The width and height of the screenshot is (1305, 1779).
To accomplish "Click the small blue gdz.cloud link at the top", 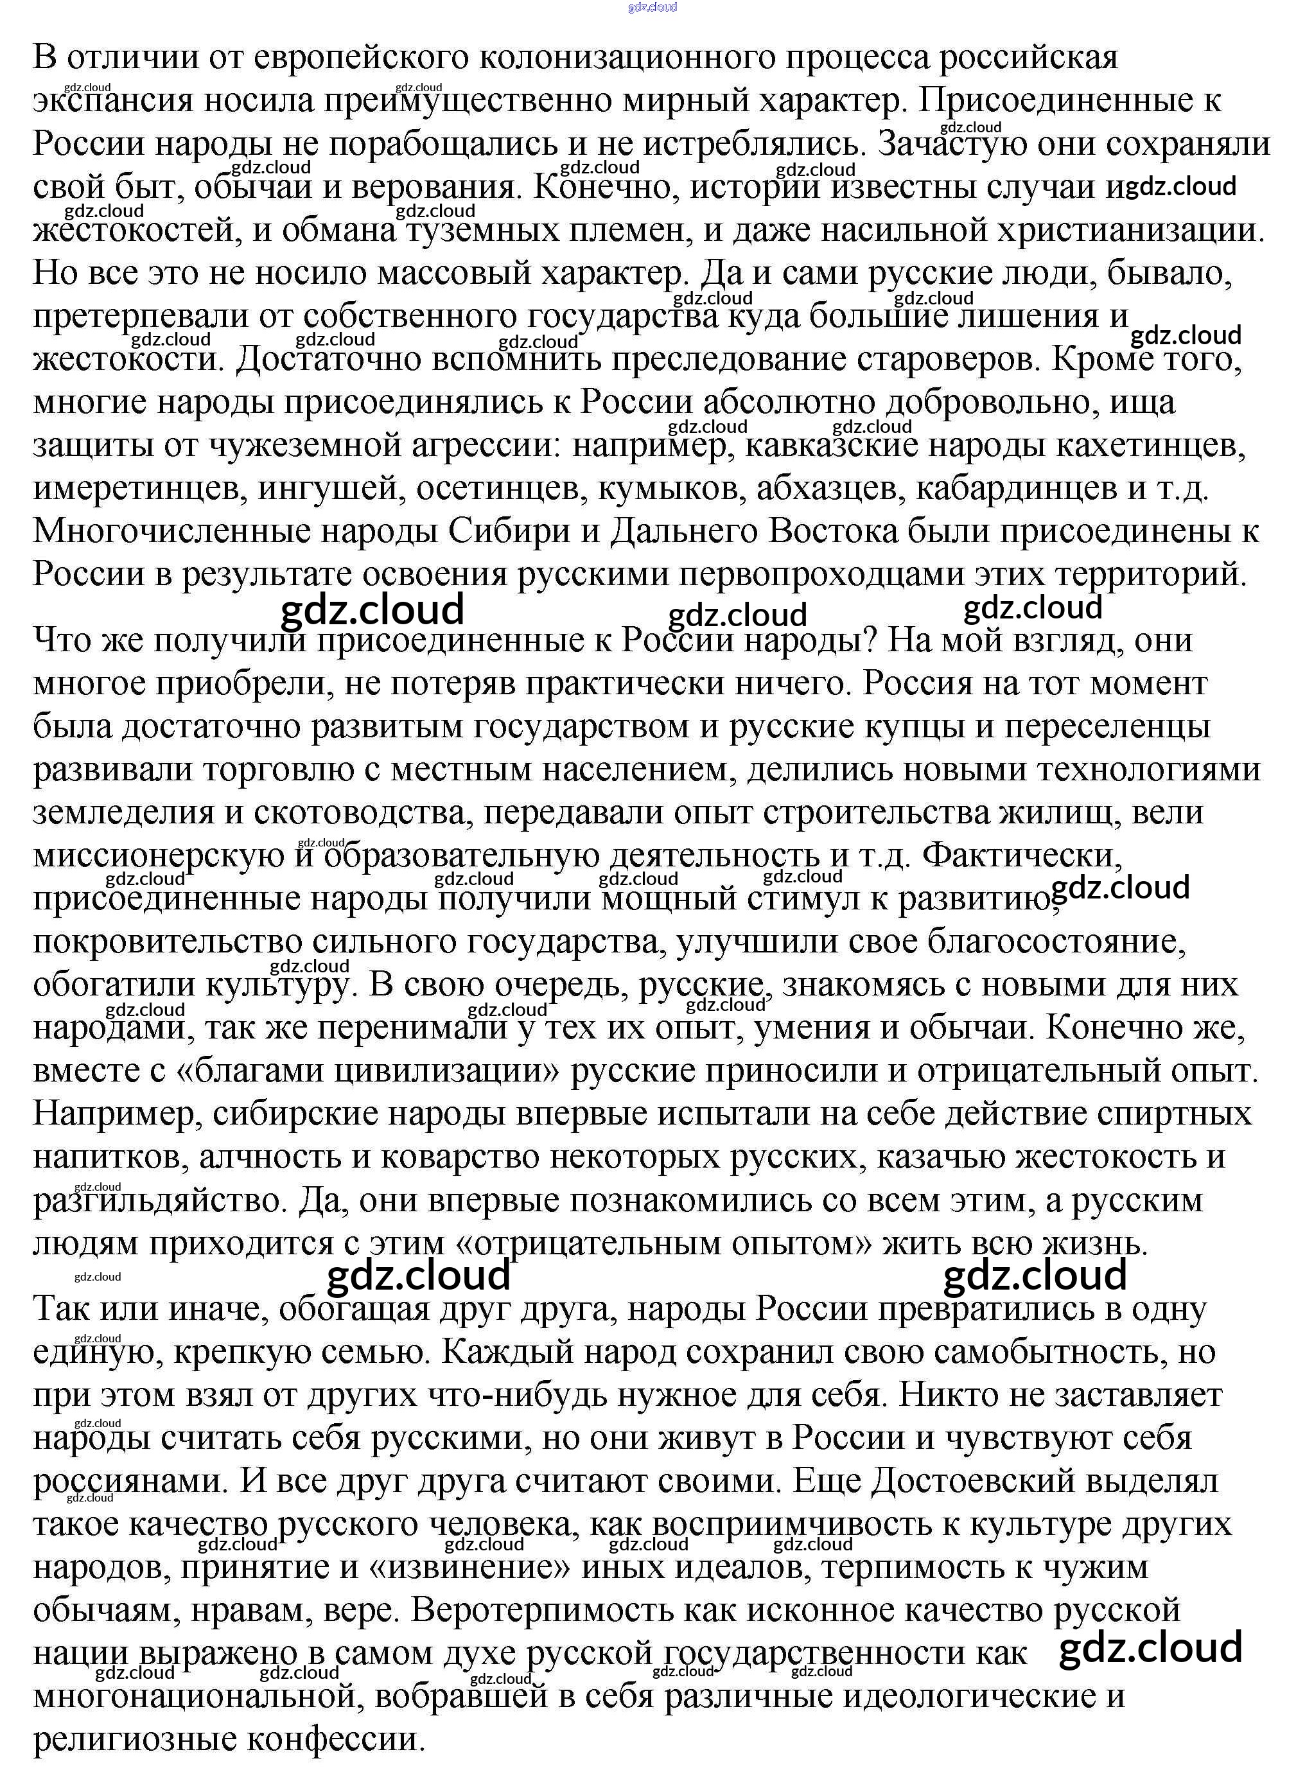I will click(652, 8).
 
